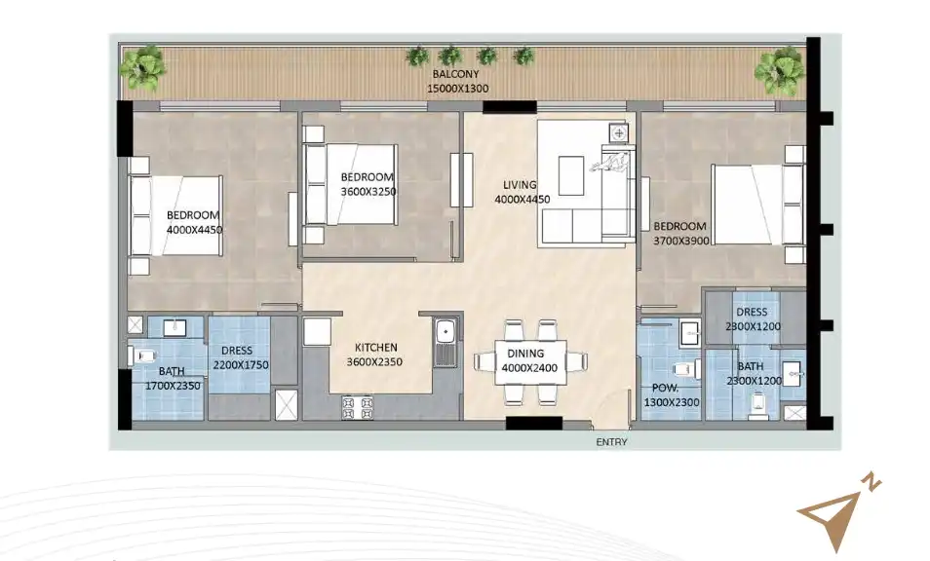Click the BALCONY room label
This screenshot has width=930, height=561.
454,74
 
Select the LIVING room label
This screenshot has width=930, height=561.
521,184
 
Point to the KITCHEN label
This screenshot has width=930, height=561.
374,348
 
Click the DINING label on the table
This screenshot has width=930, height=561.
531,353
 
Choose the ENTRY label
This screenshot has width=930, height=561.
611,442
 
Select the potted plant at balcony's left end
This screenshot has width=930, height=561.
143,68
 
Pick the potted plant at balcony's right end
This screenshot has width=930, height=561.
779,70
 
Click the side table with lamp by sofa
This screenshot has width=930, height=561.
618,131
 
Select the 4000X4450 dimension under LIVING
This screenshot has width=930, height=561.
522,199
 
